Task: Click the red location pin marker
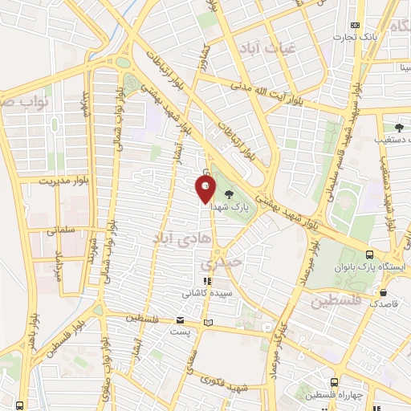click(x=205, y=189)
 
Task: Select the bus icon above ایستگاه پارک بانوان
click(x=369, y=253)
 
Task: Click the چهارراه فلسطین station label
click(x=333, y=395)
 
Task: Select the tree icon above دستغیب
click(x=399, y=127)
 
